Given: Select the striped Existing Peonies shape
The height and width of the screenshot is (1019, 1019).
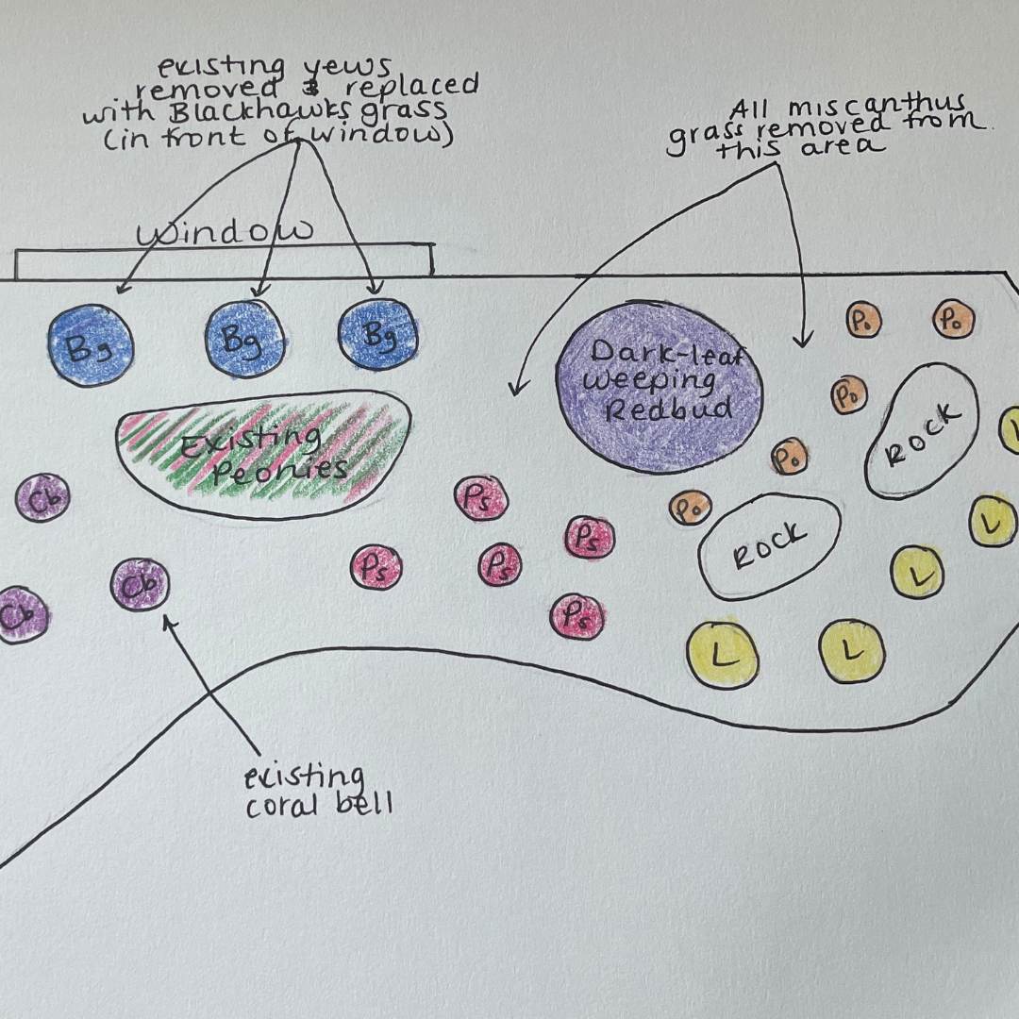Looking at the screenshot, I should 263,453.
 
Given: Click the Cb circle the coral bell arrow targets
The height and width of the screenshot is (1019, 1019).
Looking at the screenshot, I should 140,585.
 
